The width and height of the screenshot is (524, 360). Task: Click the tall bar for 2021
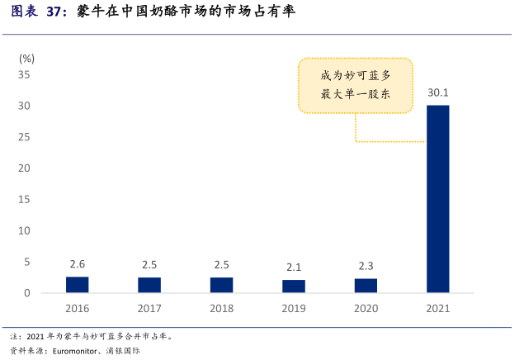437,198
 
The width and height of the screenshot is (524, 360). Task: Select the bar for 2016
77,285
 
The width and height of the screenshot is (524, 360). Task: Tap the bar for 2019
293,287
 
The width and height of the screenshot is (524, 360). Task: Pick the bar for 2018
221,285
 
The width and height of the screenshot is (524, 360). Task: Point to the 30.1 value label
437,92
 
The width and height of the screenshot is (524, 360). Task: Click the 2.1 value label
293,267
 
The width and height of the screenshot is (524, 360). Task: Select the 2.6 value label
77,264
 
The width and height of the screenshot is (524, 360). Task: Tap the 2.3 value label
366,266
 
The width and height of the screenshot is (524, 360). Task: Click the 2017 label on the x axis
149,309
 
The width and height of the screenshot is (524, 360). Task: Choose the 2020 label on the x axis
366,309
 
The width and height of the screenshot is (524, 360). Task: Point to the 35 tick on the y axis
24,74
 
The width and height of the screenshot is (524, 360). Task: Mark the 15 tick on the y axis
24,200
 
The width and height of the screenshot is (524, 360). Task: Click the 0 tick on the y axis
27,293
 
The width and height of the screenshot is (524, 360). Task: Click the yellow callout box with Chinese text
355,85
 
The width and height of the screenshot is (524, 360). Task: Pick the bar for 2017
149,285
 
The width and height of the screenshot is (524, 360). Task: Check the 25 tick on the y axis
24,137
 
